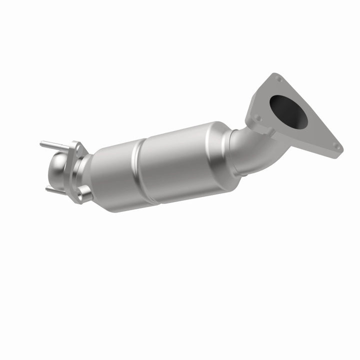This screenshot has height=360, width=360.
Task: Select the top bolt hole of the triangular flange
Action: tap(277, 79)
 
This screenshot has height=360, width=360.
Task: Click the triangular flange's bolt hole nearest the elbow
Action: tap(258, 118)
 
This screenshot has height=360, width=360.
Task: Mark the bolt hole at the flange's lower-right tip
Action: tap(336, 147)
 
